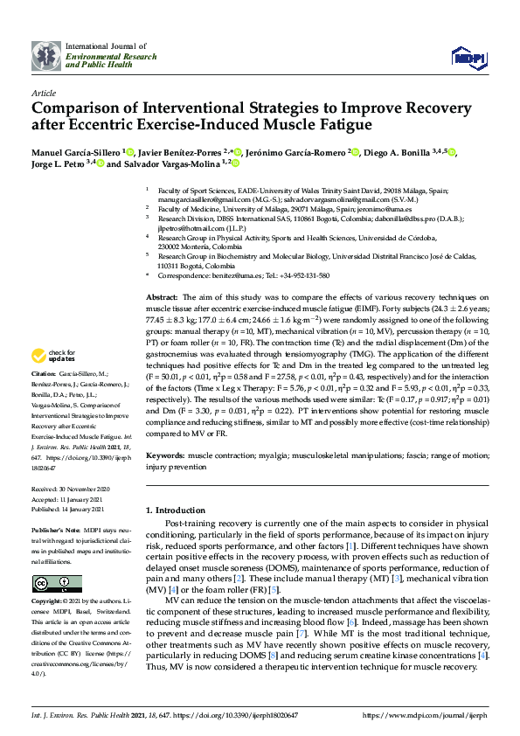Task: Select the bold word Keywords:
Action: (x=164, y=456)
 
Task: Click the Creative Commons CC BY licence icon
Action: (x=45, y=583)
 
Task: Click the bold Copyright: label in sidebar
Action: (x=50, y=602)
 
